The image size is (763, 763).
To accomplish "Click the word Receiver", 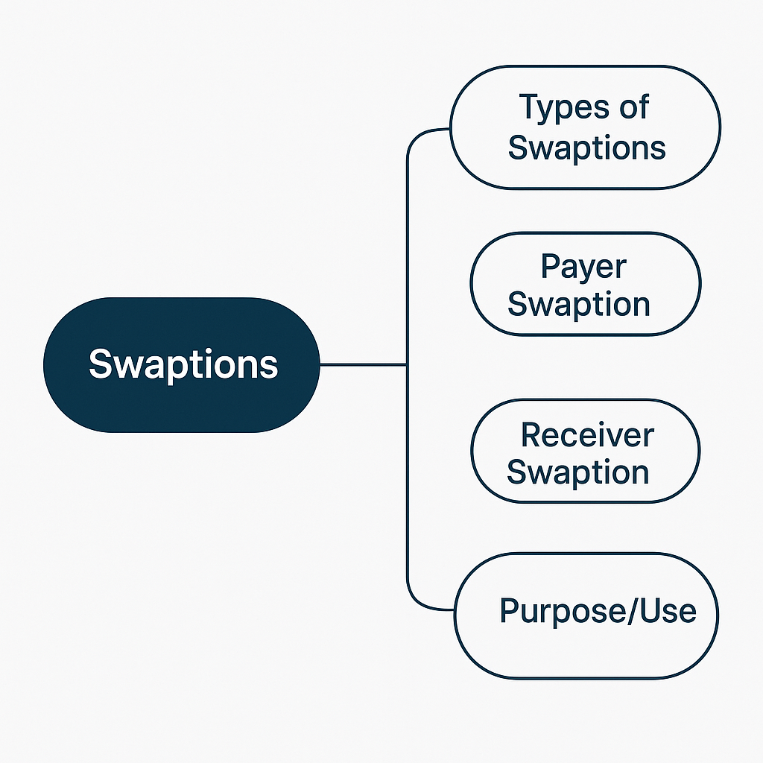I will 587,435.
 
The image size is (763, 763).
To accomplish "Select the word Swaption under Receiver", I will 578,472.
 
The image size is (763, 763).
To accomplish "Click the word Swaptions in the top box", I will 586,148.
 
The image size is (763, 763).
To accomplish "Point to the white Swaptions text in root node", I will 183,364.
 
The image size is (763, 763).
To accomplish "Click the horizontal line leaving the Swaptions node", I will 363,364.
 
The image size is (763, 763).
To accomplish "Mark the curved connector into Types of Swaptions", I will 422,136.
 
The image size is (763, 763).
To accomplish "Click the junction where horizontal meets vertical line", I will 407,364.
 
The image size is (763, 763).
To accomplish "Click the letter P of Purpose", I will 509,611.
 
